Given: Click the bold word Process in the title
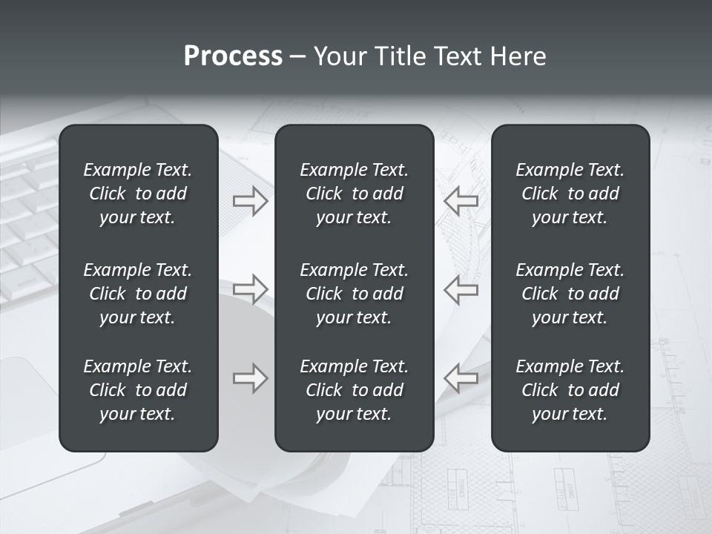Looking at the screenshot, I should pos(233,56).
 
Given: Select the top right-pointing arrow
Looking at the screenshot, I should pos(251,201).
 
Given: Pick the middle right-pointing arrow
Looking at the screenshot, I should pos(251,289).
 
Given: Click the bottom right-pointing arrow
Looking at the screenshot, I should pos(251,378).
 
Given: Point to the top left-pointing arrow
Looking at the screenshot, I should pos(461,201).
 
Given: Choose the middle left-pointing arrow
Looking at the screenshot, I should pos(461,289).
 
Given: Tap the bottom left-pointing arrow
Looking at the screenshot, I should pos(461,378).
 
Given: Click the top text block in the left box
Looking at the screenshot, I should pos(138,194).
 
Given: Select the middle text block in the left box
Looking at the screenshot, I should pos(138,294).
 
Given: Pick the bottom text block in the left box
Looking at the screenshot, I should pos(138,390).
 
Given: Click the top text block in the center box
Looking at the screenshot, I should pos(354,194).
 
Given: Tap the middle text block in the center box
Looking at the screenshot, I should pos(354,294).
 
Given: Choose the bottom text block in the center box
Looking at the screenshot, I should pos(354,390).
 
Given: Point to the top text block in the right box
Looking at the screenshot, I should pos(570,194).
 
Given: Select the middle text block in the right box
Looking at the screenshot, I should pos(570,294).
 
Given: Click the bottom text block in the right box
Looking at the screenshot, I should pos(570,390).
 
